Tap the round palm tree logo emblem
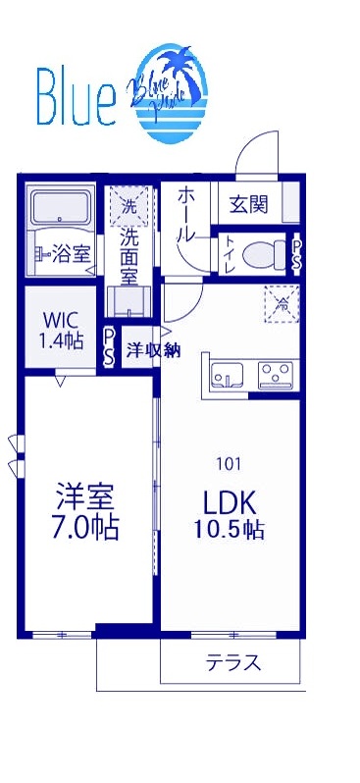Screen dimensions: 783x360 (170, 94)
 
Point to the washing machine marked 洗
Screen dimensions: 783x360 (129, 206)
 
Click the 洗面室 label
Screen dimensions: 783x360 (129, 257)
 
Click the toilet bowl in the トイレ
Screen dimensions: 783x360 (262, 255)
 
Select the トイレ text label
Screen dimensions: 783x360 (227, 254)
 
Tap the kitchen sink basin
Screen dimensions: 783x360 (229, 374)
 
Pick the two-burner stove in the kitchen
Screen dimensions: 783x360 (277, 374)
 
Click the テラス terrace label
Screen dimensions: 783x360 (233, 662)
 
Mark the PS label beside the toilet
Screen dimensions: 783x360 (296, 255)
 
